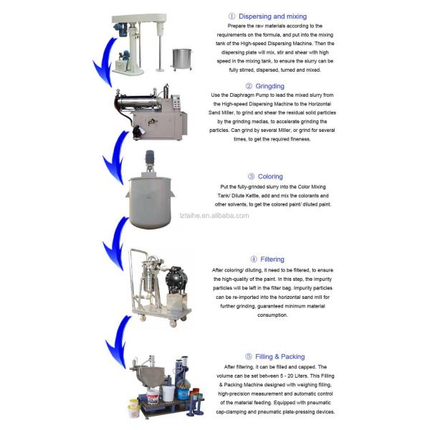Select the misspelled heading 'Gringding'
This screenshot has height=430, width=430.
(x=270, y=86)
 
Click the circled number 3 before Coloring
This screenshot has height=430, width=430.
(x=252, y=176)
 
